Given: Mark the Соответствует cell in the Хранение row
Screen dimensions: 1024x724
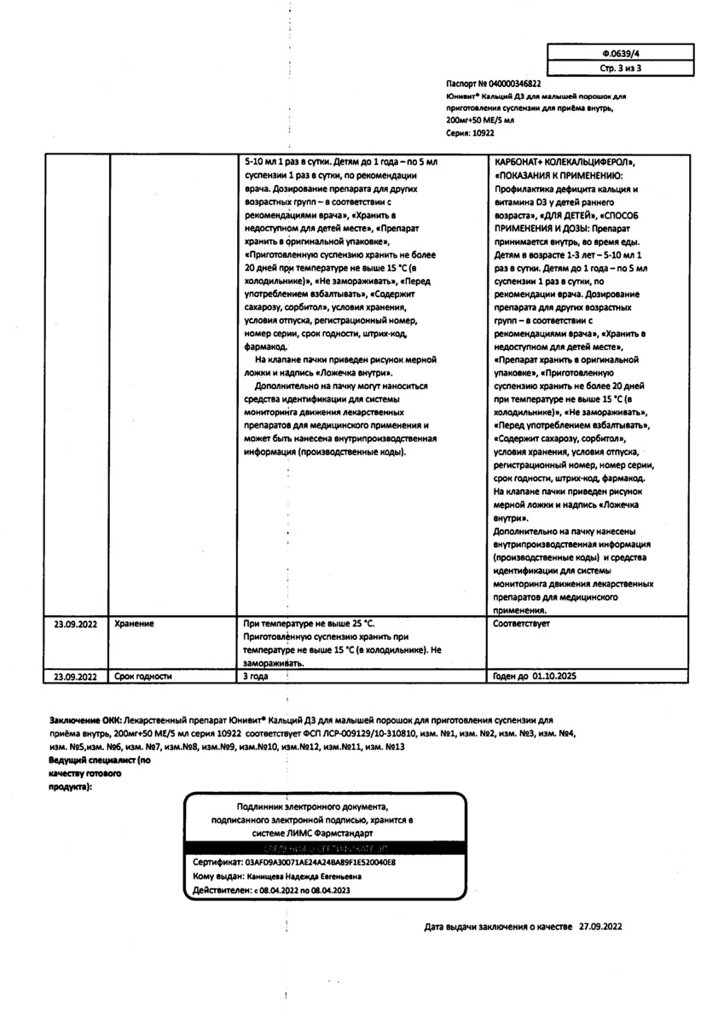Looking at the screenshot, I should click(x=521, y=624).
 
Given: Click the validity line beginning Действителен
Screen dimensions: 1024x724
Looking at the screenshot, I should click(x=271, y=889).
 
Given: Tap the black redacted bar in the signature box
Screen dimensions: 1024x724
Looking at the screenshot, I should click(x=325, y=849).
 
